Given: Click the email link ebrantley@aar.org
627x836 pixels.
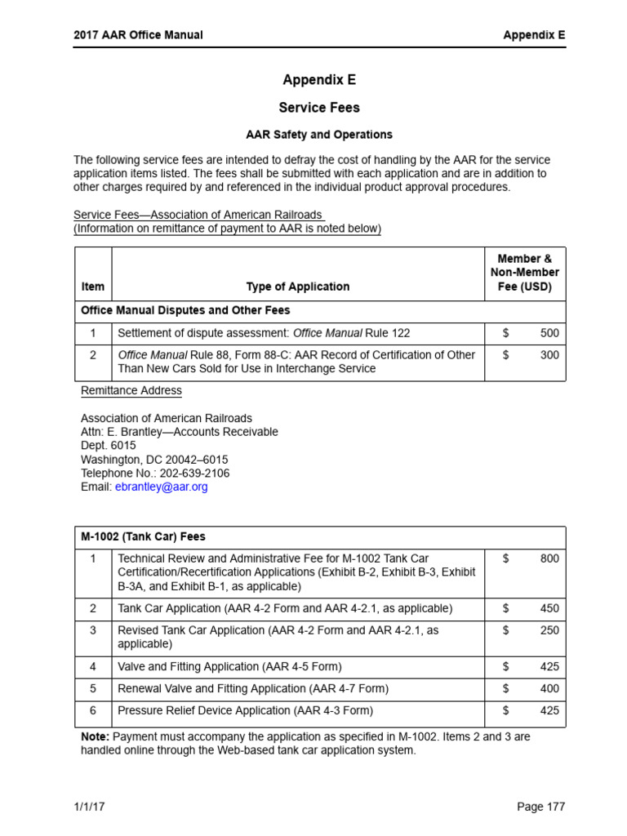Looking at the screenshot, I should [x=162, y=487].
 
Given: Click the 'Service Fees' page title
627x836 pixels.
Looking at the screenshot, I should [x=319, y=108].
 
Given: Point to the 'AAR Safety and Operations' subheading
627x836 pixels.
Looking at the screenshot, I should [x=319, y=135].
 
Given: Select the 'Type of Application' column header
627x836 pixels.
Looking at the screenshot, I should [x=297, y=287].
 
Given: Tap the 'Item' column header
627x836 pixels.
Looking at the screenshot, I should [x=93, y=287].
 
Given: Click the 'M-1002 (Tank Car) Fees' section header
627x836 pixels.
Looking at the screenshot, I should [x=144, y=536].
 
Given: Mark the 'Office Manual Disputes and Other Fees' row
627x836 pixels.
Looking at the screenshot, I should [x=185, y=310].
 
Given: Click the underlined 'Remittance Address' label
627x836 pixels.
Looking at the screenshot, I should [x=131, y=390].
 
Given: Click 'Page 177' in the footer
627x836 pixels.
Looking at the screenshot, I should [x=540, y=807].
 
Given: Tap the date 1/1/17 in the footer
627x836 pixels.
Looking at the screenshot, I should [x=90, y=807].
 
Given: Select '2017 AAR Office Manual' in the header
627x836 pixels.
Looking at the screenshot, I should [x=138, y=35].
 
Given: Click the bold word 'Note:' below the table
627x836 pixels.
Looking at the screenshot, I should [x=95, y=736].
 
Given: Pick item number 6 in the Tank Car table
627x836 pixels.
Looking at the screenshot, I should [x=93, y=710].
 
